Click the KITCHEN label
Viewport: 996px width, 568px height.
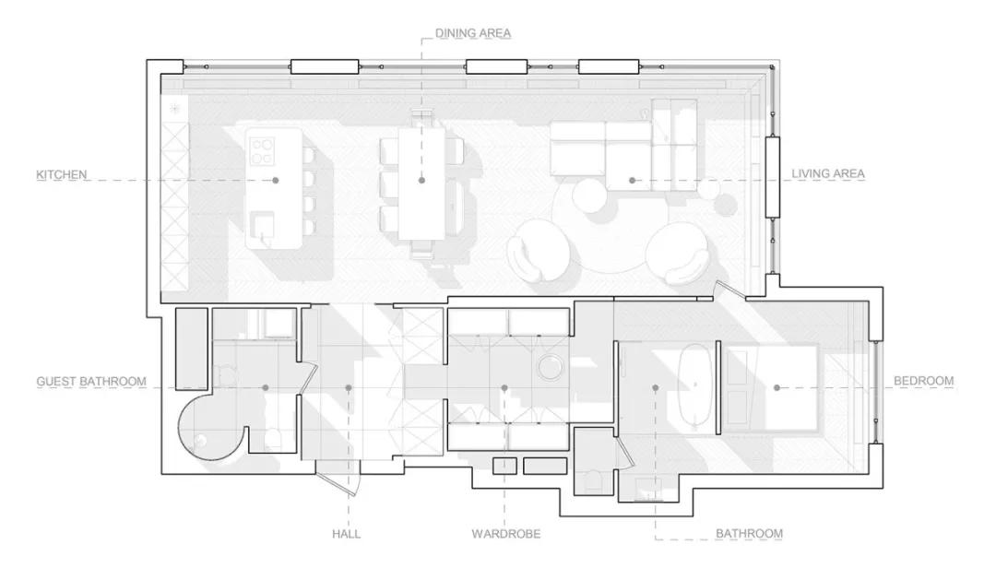(x=62, y=174)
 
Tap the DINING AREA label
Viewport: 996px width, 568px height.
(x=472, y=33)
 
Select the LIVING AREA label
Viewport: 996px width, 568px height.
(x=827, y=173)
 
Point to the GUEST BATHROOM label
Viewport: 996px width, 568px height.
(x=90, y=381)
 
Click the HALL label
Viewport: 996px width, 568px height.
(x=346, y=534)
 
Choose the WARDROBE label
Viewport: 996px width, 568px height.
(x=505, y=534)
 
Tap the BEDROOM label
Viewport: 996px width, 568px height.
(x=923, y=381)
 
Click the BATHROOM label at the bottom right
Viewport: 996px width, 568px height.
(x=749, y=534)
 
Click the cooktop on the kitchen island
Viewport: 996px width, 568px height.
(x=261, y=151)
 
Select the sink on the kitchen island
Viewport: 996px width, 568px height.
(x=262, y=227)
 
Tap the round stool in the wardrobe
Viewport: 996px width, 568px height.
(x=550, y=367)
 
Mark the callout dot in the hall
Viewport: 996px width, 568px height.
(x=348, y=387)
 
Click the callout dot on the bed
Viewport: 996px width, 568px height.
(x=777, y=387)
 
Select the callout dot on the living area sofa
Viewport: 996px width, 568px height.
(x=632, y=181)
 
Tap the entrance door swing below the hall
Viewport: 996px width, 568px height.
(x=339, y=484)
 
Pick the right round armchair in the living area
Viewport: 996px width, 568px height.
(x=678, y=254)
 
